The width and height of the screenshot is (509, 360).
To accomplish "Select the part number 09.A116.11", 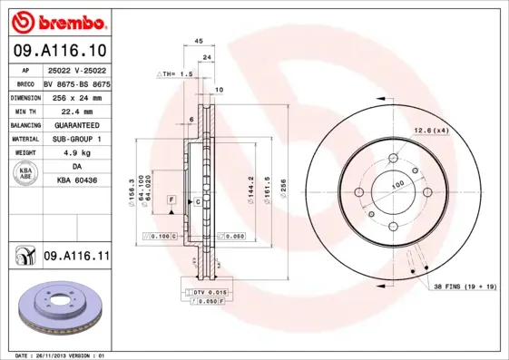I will coord(76,257).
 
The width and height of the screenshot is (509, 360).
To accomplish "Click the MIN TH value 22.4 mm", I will coord(76,110).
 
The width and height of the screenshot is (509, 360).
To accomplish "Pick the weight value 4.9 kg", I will coord(76,153).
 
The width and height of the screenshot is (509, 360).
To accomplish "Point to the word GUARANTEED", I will coord(76,124).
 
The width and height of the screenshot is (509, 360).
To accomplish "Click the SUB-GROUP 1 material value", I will coord(76,139).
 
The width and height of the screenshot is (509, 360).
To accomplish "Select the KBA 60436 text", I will coord(76,181).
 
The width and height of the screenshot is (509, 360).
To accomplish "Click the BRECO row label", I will coord(25,83).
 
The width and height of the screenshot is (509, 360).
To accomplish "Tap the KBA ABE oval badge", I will coord(26,174).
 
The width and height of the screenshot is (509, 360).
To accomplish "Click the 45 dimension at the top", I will coord(198,41).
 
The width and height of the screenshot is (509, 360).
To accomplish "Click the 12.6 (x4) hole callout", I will coord(432,131).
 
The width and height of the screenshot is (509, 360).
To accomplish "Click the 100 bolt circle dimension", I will coord(396,184).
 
